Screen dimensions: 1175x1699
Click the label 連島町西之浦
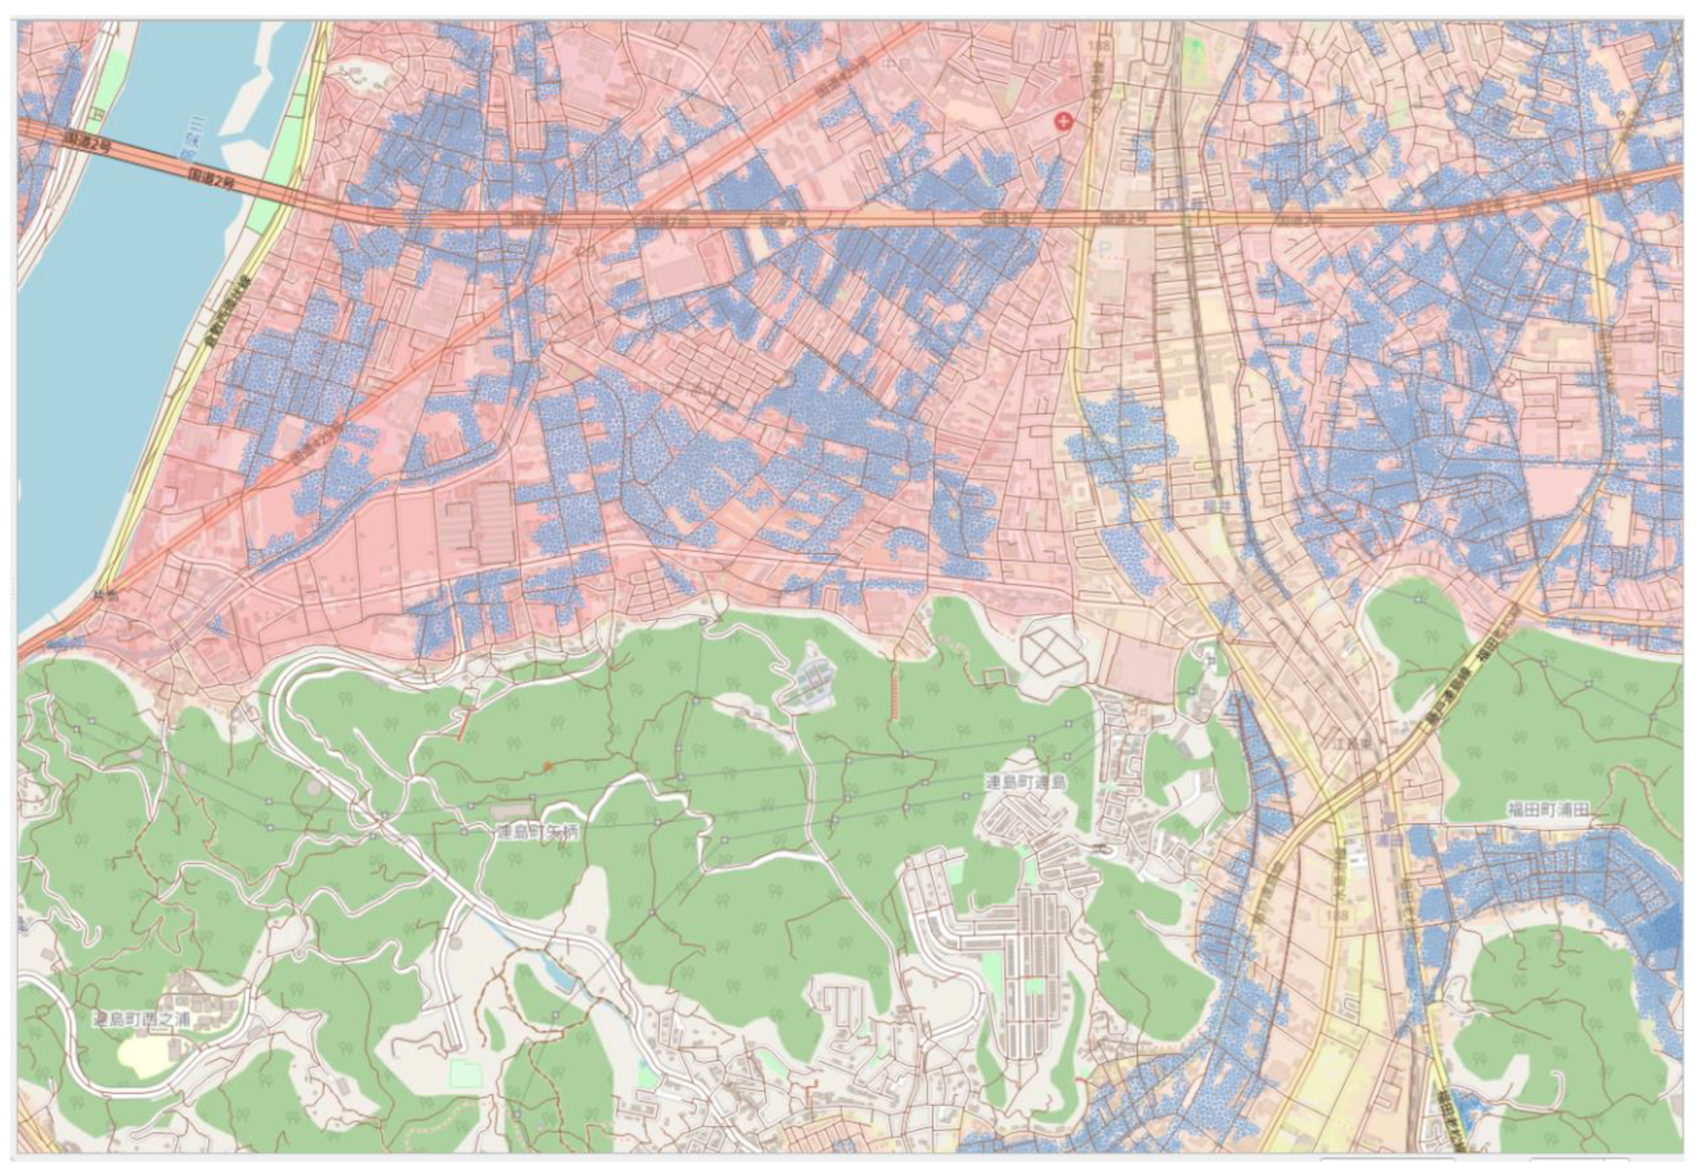coord(142,1020)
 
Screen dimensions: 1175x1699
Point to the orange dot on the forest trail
coord(547,766)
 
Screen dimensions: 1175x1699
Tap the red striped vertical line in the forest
coord(894,696)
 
